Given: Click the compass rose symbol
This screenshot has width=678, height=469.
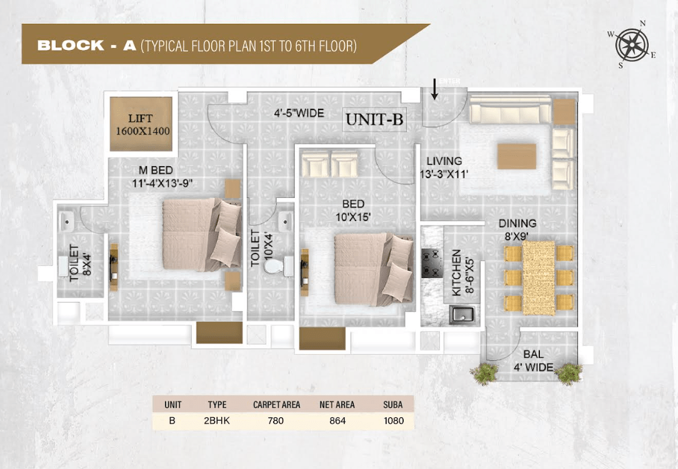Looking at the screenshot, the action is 632,44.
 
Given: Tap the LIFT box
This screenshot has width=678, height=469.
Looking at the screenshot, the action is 141,124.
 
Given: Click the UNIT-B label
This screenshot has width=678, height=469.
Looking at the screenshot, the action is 374,119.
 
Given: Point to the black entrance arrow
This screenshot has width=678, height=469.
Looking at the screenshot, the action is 434,89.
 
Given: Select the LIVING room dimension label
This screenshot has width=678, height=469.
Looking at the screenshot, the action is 444,168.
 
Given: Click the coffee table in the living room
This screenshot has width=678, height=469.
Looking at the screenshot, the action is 517,156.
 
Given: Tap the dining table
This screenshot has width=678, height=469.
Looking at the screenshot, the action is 538,277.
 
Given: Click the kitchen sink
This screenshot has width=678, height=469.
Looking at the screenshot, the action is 462,314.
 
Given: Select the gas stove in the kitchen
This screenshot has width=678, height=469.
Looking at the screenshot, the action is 432,263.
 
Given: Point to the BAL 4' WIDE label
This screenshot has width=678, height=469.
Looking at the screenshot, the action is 534,360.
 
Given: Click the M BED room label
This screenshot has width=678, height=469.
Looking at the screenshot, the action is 162,176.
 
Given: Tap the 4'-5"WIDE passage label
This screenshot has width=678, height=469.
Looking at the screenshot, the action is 299,113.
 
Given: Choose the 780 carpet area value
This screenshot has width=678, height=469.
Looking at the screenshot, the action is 276,420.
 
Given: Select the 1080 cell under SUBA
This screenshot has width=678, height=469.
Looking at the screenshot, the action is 394,420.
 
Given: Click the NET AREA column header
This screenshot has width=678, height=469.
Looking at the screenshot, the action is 337,405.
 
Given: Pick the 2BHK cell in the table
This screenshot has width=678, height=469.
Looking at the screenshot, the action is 217,420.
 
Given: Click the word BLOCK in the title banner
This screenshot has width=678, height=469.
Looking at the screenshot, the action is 71,46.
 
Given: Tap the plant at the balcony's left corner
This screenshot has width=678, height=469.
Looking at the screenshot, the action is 485,373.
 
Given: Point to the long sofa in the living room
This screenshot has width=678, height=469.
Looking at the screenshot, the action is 511,110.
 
